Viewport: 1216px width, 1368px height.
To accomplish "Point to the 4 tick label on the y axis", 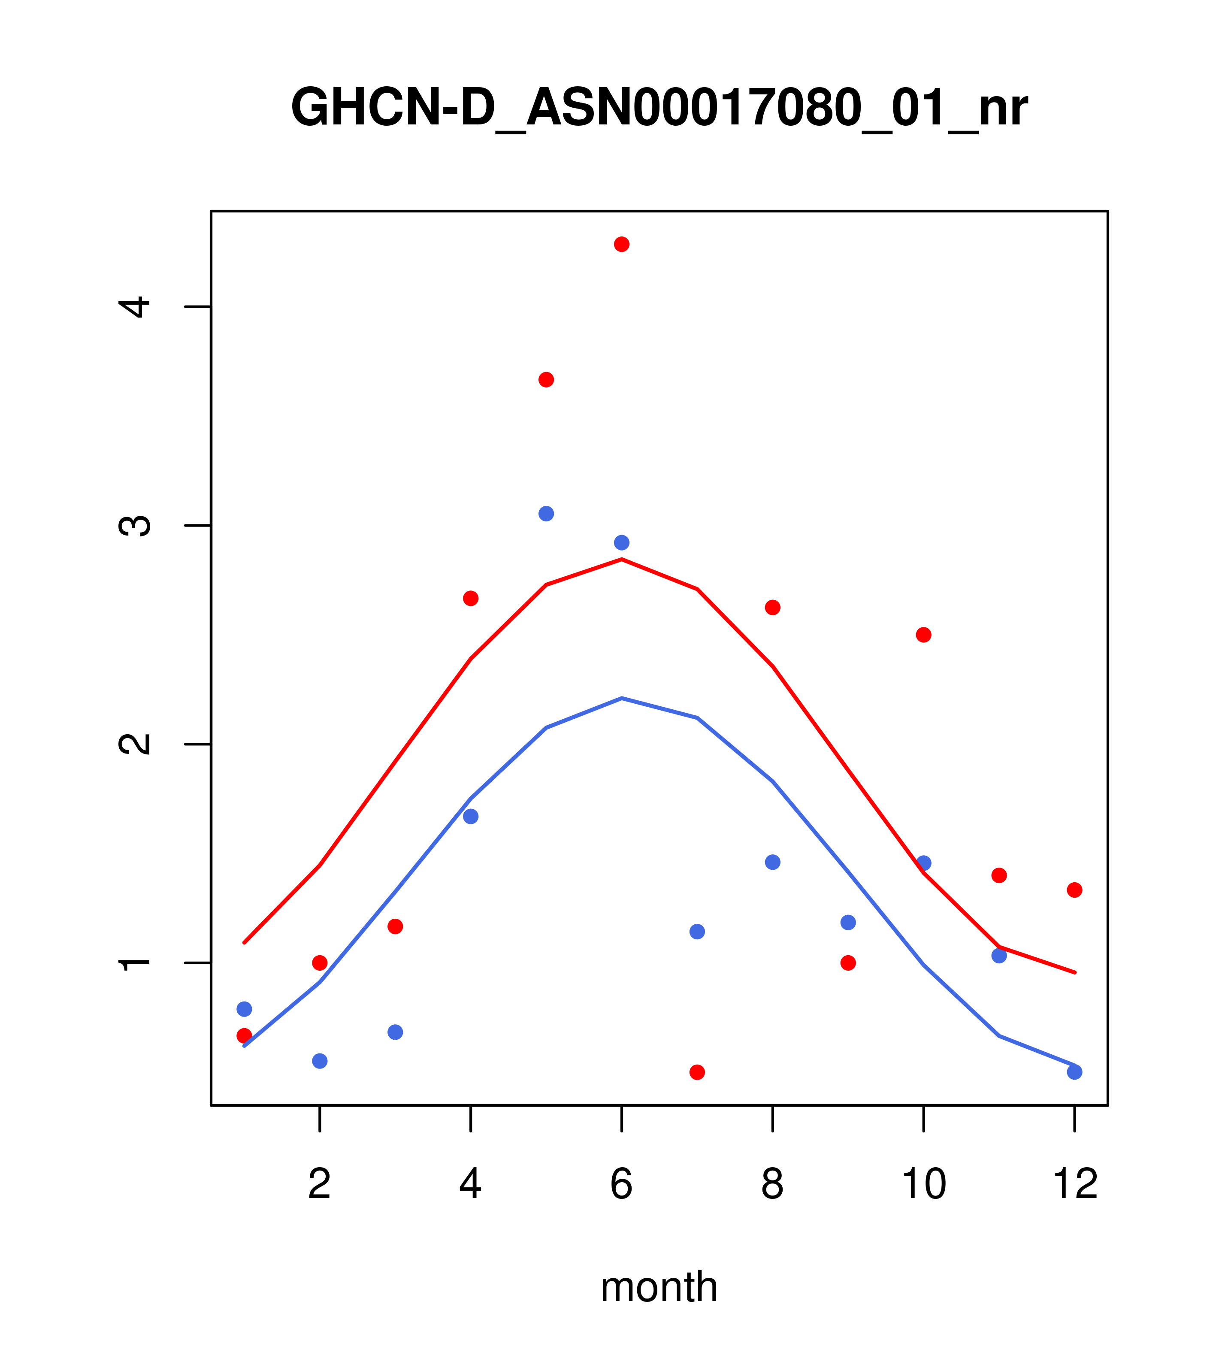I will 134,307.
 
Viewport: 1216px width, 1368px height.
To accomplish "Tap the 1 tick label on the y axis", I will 134,963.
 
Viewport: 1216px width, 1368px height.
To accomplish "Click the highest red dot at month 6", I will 622,244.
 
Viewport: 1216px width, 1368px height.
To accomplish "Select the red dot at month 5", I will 546,379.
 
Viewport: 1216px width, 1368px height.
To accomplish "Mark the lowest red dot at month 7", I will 697,1072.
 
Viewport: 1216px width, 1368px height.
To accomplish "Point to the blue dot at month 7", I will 697,932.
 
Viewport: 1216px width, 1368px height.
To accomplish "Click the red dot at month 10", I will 923,635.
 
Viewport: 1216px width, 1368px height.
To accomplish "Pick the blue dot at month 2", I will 320,1061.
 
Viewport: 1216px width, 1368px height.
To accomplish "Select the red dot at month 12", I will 1075,890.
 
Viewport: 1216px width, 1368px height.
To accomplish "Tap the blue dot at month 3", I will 396,1032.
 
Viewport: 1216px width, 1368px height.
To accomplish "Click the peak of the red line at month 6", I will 622,559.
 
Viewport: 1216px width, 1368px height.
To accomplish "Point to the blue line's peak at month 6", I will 622,698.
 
